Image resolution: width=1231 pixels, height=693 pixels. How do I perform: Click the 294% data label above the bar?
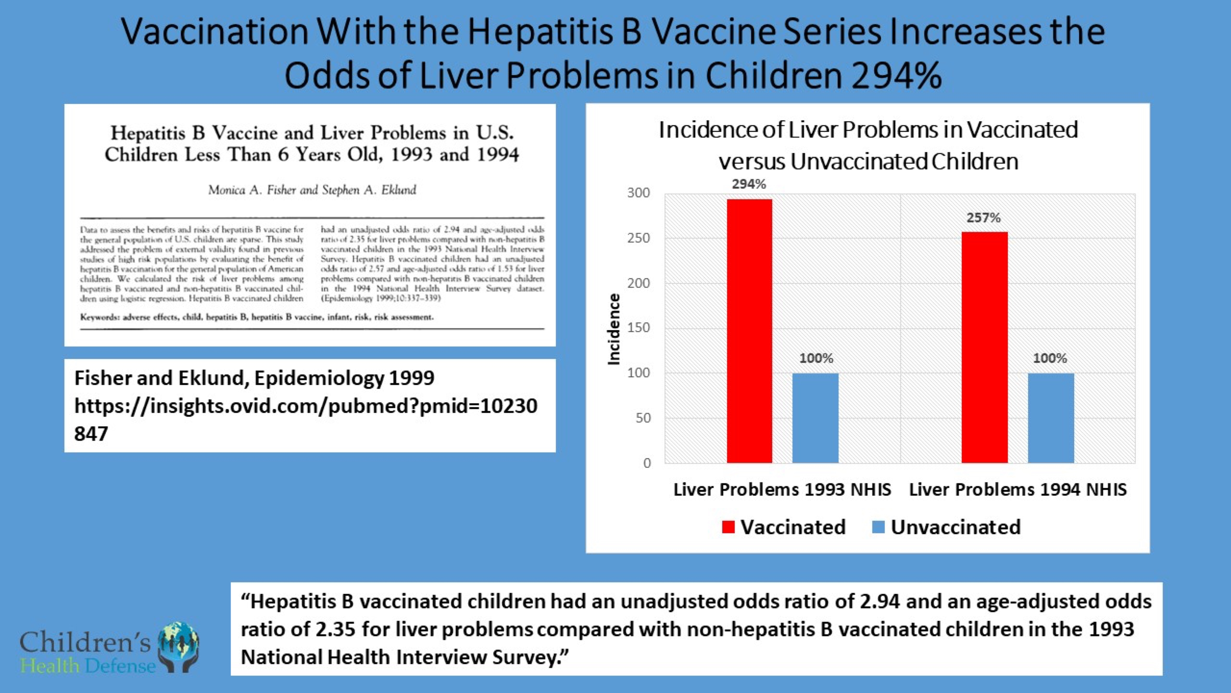coord(749,184)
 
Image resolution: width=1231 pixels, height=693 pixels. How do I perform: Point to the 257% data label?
coord(983,218)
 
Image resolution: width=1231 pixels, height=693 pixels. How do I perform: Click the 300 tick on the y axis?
coord(639,193)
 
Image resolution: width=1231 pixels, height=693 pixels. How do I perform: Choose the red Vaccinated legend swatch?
coord(728,527)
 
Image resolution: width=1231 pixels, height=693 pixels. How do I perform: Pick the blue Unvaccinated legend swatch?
coord(878,527)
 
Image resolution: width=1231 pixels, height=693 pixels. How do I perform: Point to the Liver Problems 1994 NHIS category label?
coord(1018,490)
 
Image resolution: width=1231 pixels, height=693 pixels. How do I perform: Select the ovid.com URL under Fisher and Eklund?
coord(306,406)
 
